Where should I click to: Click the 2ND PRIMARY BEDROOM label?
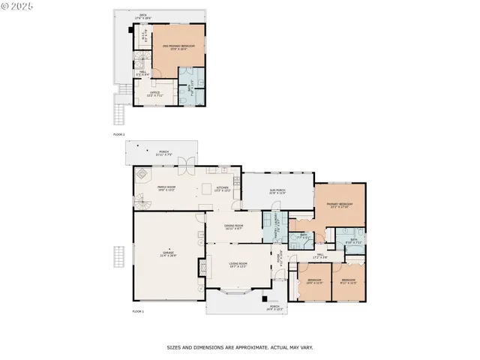coord(178,47)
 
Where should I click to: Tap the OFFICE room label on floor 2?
coord(155,93)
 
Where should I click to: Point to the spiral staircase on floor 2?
coord(141,62)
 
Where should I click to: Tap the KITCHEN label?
coord(223,189)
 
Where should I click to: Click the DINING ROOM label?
coord(233,227)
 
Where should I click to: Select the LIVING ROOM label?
coord(238,265)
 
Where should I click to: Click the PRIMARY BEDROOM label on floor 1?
coord(340,205)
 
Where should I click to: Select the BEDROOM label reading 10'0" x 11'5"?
coord(314,281)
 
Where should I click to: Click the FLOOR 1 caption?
coord(138,310)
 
